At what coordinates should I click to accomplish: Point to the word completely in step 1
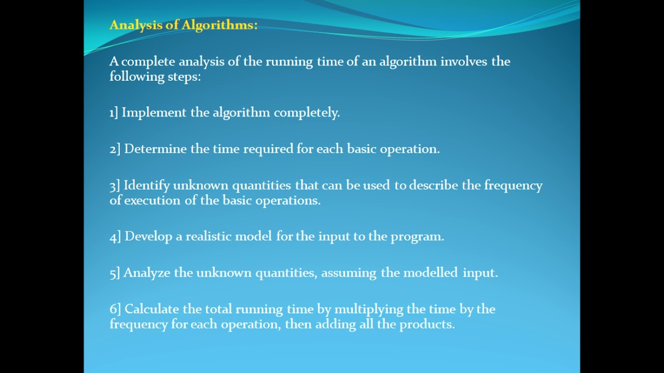[307, 112]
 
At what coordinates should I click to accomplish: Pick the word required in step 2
[268, 149]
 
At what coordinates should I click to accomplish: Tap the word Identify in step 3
[146, 185]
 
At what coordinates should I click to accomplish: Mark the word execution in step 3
[153, 200]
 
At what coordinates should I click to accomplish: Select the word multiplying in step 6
[369, 309]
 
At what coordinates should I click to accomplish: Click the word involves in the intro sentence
[464, 61]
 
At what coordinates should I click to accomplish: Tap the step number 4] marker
[115, 237]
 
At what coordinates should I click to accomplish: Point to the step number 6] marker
[115, 309]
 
